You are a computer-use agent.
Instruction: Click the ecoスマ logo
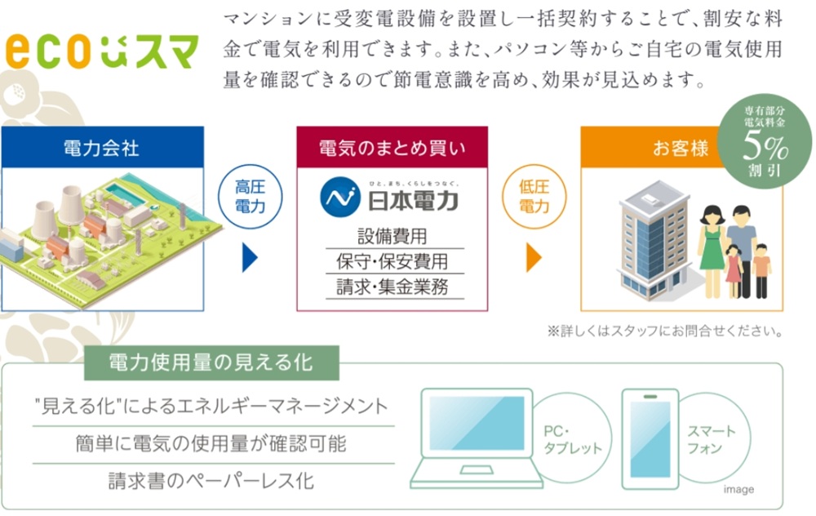point(102,51)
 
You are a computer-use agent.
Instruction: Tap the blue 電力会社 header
point(102,147)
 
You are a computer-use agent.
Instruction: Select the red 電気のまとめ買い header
point(392,147)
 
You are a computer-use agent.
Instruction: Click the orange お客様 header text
point(681,149)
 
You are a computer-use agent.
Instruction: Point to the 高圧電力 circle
point(251,196)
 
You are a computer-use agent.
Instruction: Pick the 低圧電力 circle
point(534,196)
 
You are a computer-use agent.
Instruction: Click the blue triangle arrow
point(250,257)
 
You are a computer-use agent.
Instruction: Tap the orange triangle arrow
point(534,257)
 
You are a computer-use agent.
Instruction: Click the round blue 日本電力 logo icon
point(340,197)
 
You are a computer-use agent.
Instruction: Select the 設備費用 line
point(392,237)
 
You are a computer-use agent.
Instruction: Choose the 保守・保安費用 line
point(392,261)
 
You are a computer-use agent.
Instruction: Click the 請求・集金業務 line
point(392,287)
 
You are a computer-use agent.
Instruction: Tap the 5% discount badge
point(765,141)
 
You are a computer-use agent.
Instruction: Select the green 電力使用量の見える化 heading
point(211,363)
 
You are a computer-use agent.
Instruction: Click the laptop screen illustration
point(477,423)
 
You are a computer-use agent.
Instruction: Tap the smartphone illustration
point(650,439)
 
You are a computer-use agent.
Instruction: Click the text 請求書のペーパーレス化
point(211,481)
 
